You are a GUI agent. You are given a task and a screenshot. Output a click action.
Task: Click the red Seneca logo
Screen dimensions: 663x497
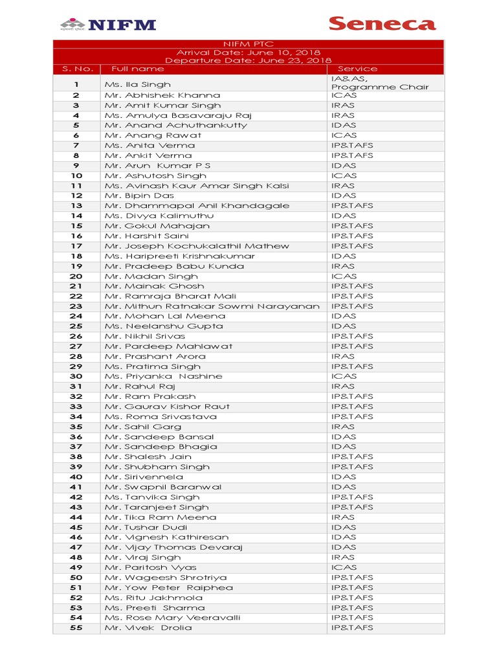tap(382, 24)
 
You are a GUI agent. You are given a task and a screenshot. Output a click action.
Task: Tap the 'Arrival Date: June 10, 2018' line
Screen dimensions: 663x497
tap(248, 52)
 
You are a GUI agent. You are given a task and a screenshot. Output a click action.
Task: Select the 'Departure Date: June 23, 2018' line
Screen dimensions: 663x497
tap(248, 60)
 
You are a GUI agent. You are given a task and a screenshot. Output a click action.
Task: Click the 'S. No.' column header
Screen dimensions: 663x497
tap(78, 69)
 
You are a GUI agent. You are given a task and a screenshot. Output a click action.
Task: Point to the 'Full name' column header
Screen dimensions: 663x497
tap(138, 69)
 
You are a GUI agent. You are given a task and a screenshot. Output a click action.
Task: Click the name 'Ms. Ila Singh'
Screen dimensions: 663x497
tap(138, 84)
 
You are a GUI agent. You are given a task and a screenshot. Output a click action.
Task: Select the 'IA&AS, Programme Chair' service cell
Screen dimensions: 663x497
tap(379, 83)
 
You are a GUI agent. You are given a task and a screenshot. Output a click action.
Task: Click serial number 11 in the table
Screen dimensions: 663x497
tap(76, 186)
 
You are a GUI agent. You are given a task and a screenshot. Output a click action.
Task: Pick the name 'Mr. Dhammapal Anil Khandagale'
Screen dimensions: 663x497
tap(197, 206)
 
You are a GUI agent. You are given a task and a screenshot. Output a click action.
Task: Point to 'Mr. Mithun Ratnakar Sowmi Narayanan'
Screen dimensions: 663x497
tap(212, 306)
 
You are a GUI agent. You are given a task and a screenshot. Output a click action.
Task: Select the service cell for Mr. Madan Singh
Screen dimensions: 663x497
tap(344, 276)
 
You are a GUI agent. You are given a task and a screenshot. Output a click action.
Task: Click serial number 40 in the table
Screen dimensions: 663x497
tap(76, 477)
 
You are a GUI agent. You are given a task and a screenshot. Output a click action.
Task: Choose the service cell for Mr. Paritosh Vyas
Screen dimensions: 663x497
tap(344, 567)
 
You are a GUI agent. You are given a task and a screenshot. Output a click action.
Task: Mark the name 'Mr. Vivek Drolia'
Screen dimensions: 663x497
tap(148, 627)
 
